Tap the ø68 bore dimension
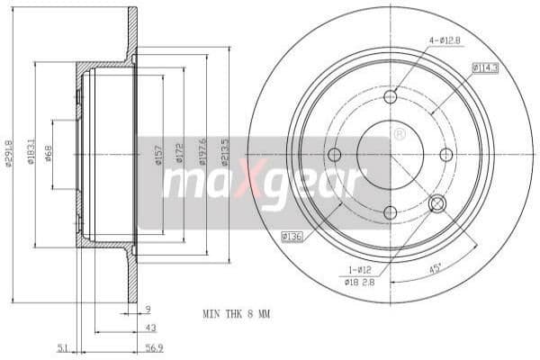(x=49, y=154)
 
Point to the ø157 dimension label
(x=158, y=154)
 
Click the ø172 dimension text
(x=179, y=154)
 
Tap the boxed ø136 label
(x=291, y=236)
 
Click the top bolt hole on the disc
(x=391, y=97)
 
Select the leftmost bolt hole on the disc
(x=335, y=155)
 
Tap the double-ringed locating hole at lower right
(x=438, y=204)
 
